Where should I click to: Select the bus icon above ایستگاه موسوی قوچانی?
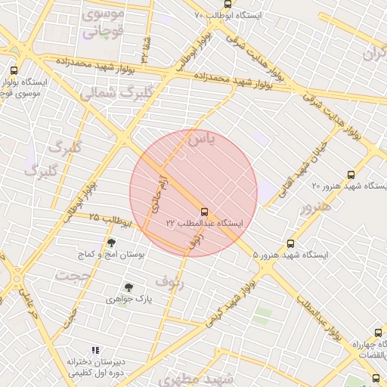pyautogui.click(x=14, y=70)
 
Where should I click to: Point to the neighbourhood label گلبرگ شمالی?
pyautogui.click(x=106, y=94)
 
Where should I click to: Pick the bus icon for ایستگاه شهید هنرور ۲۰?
pyautogui.click(x=349, y=175)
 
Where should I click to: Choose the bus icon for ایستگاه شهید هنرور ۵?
pyautogui.click(x=291, y=243)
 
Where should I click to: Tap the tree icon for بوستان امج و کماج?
pyautogui.click(x=111, y=243)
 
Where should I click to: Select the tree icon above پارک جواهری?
pyautogui.click(x=128, y=287)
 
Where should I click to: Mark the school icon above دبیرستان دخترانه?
pyautogui.click(x=94, y=350)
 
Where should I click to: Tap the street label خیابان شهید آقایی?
pyautogui.click(x=300, y=166)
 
